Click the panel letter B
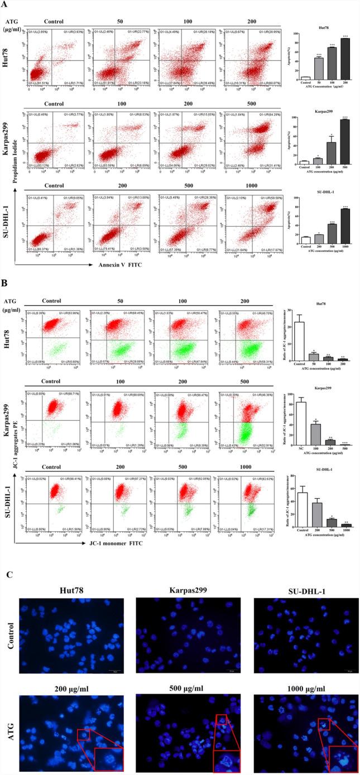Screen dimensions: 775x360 (x=5, y=284)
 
